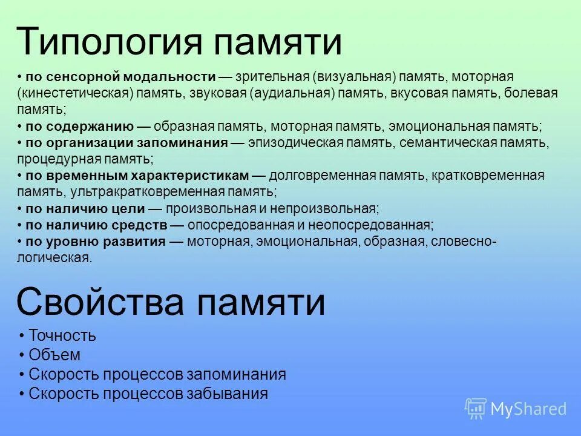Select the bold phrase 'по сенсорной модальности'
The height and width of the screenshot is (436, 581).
120,77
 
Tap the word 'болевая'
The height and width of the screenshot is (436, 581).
526,93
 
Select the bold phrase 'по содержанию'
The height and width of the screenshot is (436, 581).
79,127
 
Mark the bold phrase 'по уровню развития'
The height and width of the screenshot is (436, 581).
96,242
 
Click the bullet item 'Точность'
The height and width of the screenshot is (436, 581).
62,335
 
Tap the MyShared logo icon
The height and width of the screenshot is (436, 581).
475,408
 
